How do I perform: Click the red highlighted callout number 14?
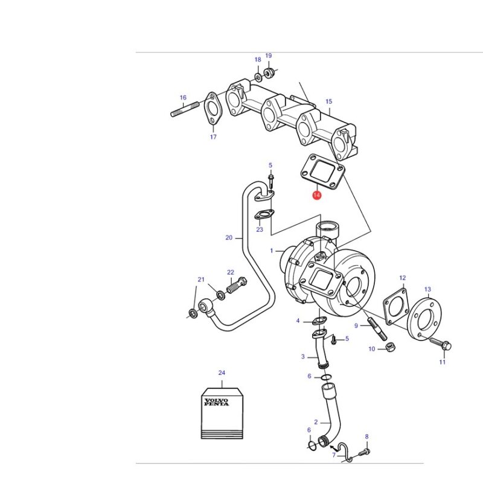coord(316,195)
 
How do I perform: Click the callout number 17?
coord(213,137)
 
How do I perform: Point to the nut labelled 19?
coord(269,72)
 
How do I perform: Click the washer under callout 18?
coord(258,77)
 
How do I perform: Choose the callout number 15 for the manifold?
coord(328,101)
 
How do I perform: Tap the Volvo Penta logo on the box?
coord(217,402)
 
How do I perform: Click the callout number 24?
coord(222,373)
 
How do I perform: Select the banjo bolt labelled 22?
coord(237,285)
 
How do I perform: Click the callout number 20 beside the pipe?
coord(229,237)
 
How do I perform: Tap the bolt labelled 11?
coord(441,344)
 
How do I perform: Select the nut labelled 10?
coord(391,347)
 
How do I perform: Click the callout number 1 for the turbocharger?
coord(271,251)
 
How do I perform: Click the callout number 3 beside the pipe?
coord(303,357)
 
